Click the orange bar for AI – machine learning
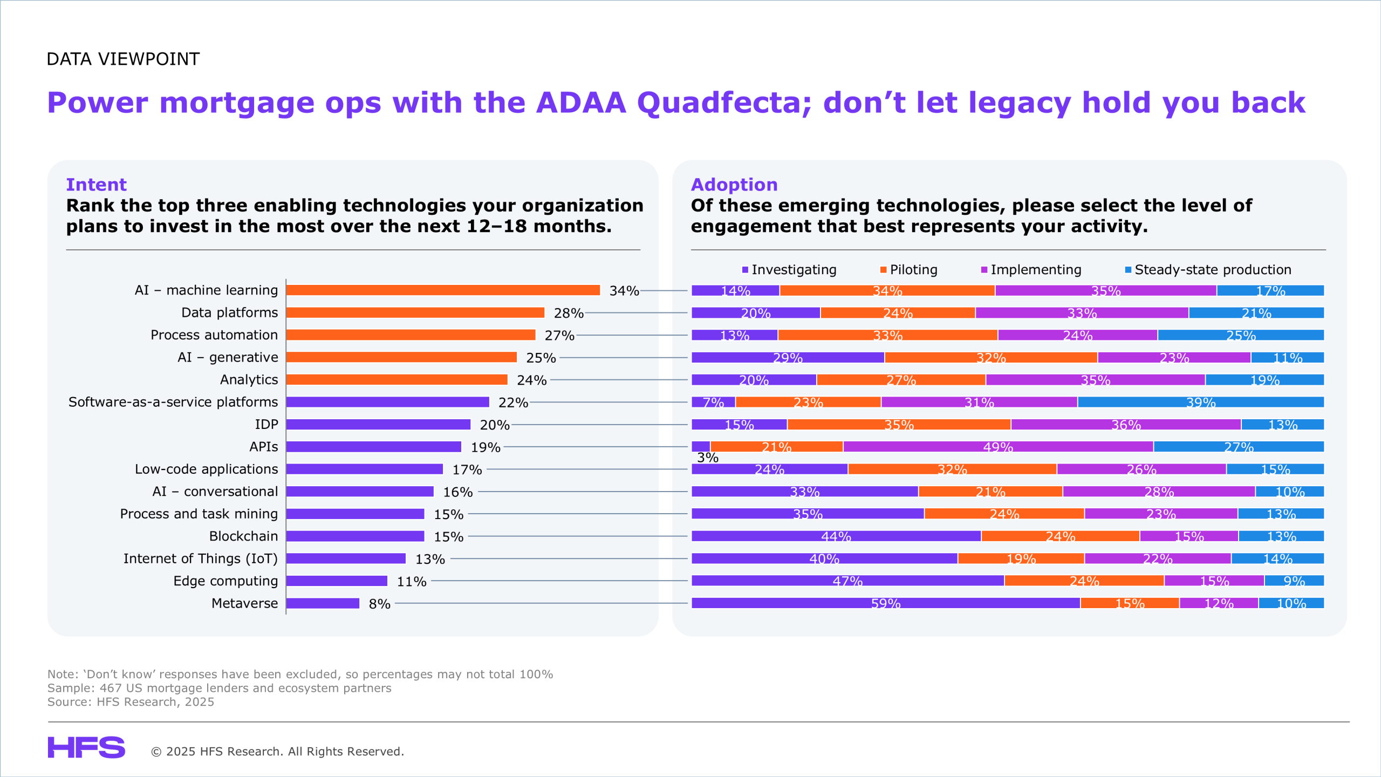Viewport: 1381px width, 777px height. tap(442, 290)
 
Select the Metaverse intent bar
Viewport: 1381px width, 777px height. tap(323, 603)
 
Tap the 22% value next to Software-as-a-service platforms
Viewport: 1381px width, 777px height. tap(512, 403)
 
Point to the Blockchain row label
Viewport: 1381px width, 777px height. tap(243, 536)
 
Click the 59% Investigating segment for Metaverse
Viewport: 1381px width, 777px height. tap(885, 603)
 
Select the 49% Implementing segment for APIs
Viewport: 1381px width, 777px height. tap(998, 447)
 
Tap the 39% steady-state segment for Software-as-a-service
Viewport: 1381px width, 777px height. tap(1201, 403)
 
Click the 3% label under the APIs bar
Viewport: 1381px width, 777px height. tap(707, 458)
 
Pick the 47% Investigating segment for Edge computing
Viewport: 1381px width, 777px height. tap(847, 581)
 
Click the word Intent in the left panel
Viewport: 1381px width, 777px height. tap(96, 185)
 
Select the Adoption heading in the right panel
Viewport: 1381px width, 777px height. tap(734, 185)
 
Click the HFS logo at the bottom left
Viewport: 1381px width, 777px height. tap(86, 747)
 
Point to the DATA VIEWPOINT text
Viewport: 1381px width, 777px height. tap(123, 59)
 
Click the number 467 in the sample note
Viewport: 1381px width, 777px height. tap(111, 688)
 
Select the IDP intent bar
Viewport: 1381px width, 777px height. tap(378, 425)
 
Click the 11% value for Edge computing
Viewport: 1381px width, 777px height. tap(412, 582)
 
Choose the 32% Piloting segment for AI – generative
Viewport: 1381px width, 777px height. tap(991, 358)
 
